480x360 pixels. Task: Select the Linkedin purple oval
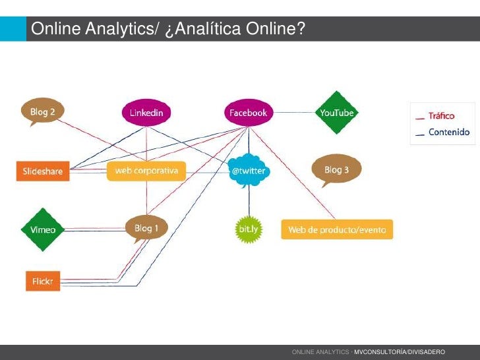(146, 113)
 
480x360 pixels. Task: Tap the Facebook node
(248, 113)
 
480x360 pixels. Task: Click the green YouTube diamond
(337, 113)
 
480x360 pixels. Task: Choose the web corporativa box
(146, 171)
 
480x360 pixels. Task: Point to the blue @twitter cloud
(248, 171)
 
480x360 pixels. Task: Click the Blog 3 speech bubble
(336, 169)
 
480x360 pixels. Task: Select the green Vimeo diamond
(43, 229)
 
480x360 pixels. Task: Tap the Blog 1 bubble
(146, 228)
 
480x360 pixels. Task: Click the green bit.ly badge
(248, 229)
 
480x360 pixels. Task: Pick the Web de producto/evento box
(337, 229)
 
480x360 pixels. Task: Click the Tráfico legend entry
(442, 116)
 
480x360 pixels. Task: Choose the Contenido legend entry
(448, 132)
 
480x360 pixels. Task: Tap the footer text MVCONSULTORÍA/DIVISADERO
(400, 353)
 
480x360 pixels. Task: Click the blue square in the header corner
(13, 29)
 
